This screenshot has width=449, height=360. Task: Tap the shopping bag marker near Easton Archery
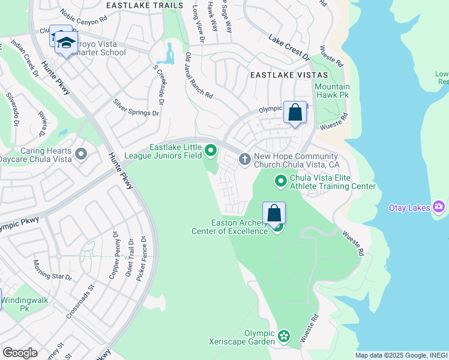tap(274, 213)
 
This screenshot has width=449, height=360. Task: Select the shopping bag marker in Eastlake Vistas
tap(295, 112)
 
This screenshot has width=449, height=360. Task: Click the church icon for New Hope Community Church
tap(244, 159)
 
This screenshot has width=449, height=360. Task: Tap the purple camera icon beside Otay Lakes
tap(439, 207)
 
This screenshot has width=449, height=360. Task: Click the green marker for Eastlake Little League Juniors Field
tap(210, 150)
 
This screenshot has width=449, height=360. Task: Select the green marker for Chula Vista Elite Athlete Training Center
tap(280, 180)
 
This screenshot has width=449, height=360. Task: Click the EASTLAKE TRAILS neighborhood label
tap(144, 5)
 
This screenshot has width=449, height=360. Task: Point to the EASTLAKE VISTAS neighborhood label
tap(289, 75)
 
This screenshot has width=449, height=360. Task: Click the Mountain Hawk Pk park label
tap(332, 91)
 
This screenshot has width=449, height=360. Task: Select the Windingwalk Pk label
tap(24, 304)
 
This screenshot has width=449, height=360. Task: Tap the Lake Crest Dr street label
tap(289, 47)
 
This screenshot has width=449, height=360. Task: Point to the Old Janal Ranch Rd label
tap(199, 76)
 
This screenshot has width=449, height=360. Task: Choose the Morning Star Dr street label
tap(53, 270)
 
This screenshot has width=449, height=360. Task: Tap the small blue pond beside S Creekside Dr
tap(166, 56)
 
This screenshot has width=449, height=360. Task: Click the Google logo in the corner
tap(20, 353)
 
